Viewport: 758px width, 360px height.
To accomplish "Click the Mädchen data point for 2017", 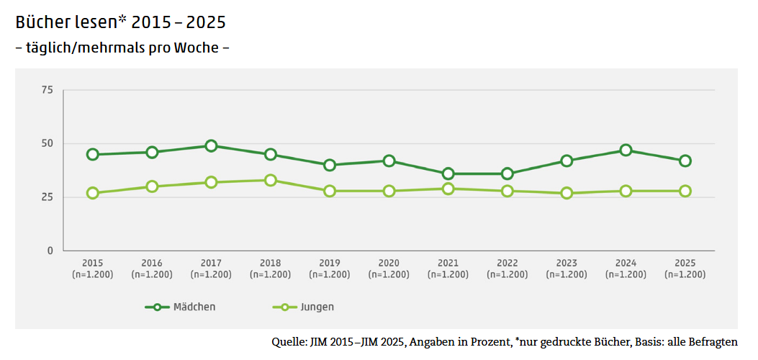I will tap(211, 146).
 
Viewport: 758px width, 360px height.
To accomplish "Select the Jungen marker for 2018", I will tap(271, 180).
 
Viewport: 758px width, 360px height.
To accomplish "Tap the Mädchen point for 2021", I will tap(448, 174).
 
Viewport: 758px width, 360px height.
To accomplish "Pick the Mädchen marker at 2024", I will tap(626, 150).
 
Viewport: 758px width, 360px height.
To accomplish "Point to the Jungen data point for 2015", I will tap(93, 193).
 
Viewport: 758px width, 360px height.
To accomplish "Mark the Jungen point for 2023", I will tap(567, 193).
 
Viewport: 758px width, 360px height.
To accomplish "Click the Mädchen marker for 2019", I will tap(330, 165).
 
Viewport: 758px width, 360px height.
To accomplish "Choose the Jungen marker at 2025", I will tap(685, 191).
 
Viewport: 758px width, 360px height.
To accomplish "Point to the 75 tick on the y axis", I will tap(48, 90).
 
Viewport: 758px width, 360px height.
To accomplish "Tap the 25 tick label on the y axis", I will tap(48, 197).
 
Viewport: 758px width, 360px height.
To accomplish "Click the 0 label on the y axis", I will tap(50, 251).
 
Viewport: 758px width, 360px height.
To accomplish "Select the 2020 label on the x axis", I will tap(389, 263).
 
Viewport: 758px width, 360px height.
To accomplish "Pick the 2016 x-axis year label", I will tap(152, 263).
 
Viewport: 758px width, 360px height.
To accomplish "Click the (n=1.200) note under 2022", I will tap(507, 274).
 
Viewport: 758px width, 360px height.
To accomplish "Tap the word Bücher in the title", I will tap(42, 22).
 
